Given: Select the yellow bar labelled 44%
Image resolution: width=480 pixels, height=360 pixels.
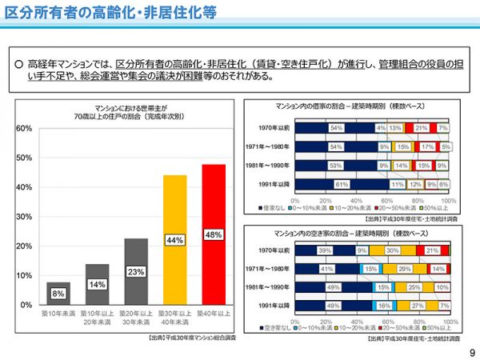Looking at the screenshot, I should (x=175, y=240).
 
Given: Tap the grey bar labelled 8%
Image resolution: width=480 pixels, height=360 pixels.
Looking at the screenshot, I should (x=58, y=294).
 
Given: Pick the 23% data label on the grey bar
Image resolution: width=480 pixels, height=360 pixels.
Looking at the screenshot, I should (x=135, y=272).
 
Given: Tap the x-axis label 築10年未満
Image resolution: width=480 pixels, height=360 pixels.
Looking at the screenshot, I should (x=58, y=314).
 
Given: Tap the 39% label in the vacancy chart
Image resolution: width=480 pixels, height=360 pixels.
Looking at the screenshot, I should (x=326, y=251).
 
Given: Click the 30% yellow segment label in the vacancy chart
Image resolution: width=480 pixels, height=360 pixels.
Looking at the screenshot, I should (x=392, y=251).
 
